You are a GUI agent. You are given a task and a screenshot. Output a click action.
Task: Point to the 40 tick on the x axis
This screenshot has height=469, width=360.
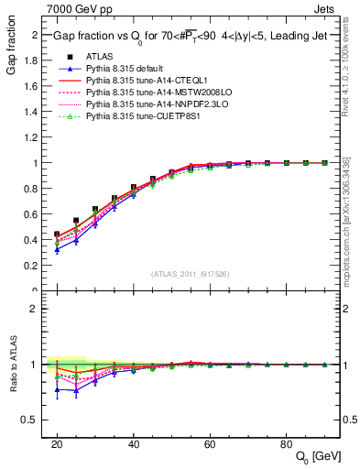(134, 442)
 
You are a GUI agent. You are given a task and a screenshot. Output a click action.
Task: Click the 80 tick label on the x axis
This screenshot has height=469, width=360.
(287, 442)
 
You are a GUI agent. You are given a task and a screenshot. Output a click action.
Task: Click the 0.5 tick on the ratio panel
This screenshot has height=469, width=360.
(37, 420)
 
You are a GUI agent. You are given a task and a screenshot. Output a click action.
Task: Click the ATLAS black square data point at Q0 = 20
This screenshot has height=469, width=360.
(57, 234)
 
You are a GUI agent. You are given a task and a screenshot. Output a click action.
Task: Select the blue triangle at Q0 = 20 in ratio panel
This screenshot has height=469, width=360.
(57, 389)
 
